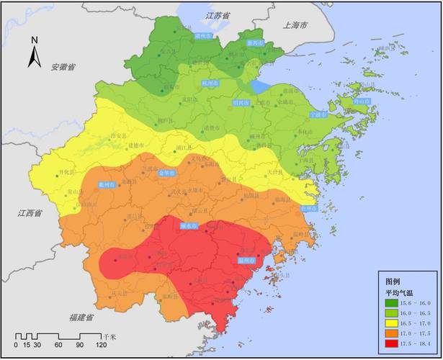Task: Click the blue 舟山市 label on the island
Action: click(x=362, y=102)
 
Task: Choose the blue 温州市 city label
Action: click(x=247, y=260)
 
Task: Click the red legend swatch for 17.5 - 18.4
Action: click(x=395, y=343)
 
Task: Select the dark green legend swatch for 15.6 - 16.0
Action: click(x=395, y=303)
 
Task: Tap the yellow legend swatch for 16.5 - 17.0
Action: click(x=395, y=323)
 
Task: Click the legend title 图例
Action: click(x=393, y=282)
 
